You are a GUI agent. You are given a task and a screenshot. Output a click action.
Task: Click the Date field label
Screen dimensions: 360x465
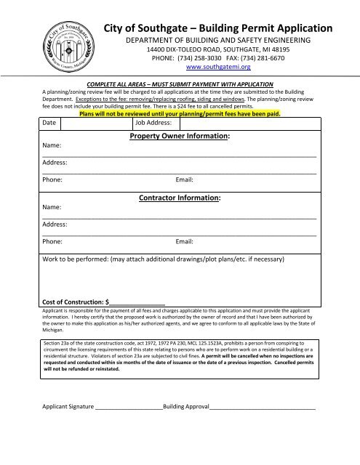(x=49, y=124)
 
